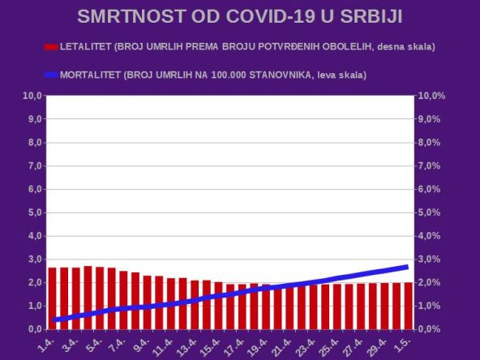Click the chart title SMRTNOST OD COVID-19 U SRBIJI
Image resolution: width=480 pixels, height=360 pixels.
240,17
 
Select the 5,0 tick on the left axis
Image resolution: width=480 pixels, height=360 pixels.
32,213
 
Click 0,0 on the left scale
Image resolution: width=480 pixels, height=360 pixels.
32,330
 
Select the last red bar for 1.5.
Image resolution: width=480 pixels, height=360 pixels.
409,306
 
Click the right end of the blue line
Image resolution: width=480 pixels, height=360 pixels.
405,267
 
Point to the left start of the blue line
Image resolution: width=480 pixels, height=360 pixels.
54,320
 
